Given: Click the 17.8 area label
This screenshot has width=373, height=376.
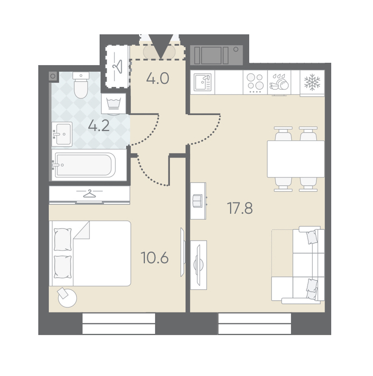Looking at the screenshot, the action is [240, 208].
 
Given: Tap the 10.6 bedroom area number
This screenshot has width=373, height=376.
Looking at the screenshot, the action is [155, 258].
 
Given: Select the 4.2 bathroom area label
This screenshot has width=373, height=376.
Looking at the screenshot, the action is [99, 125].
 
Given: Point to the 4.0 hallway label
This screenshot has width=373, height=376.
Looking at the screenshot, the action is [158, 78].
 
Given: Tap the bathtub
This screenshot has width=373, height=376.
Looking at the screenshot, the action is [85, 165].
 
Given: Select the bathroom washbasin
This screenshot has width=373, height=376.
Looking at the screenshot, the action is [62, 134].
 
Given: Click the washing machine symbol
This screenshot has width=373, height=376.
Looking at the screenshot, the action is [114, 104].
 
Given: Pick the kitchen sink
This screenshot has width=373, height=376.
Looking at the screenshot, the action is [202, 82].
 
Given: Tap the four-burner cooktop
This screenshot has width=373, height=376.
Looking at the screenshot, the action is [255, 82].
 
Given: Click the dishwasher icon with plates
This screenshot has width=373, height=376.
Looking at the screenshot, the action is [279, 82].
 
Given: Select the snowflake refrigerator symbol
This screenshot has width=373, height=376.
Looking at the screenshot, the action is [312, 82].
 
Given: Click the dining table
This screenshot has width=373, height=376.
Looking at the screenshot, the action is [296, 159].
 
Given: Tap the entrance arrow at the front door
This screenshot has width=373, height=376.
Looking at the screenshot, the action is [161, 46].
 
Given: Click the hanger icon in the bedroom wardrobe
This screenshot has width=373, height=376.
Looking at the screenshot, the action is [90, 193].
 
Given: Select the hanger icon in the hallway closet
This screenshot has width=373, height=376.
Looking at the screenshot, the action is [118, 66].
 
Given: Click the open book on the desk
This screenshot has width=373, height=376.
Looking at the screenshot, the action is [197, 200].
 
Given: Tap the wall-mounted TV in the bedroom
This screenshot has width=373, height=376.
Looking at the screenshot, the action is [182, 252].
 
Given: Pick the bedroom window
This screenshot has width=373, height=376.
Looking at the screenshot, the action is [119, 323].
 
